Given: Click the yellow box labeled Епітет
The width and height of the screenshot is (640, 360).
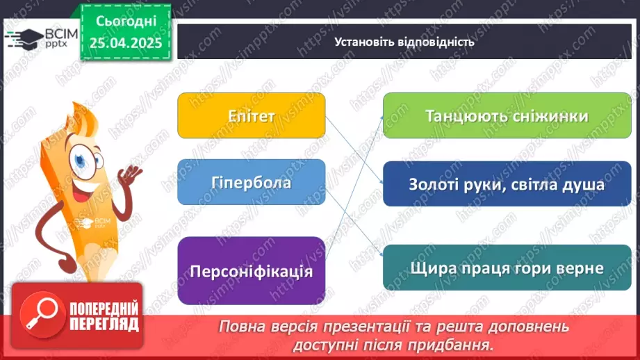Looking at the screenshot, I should (x=251, y=115).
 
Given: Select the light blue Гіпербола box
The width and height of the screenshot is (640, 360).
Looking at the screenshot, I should (x=251, y=183).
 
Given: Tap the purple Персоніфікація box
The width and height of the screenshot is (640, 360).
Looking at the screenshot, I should (x=251, y=270).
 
